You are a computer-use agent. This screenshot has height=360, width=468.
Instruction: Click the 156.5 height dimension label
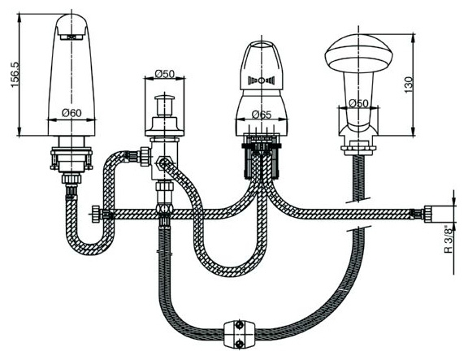tap(15, 75)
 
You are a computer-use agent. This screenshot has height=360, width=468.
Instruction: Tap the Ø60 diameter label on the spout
tap(71, 113)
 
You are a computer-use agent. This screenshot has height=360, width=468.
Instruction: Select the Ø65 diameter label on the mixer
tap(262, 115)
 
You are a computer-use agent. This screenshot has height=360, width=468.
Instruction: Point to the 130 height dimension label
tap(409, 85)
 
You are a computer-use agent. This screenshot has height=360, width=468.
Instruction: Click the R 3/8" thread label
tap(448, 241)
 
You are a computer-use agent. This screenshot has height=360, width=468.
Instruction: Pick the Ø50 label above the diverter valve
tap(165, 73)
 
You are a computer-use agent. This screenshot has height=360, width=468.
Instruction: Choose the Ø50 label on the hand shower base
tap(358, 103)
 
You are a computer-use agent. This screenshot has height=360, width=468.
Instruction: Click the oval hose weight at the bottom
tap(240, 334)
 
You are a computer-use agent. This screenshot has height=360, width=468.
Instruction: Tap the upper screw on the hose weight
tap(240, 324)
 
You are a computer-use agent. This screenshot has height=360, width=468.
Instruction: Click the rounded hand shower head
tap(358, 54)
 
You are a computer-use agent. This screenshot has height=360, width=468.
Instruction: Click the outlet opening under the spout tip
tap(71, 37)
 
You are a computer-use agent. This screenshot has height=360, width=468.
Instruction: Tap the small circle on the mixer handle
tap(261, 80)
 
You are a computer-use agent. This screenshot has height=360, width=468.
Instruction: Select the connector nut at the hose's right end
tap(430, 214)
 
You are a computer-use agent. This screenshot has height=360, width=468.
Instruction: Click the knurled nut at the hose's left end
tap(96, 214)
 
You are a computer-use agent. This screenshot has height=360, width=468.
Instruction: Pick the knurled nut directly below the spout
tap(71, 179)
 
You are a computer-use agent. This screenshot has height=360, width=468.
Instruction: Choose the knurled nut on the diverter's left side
tap(145, 156)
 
